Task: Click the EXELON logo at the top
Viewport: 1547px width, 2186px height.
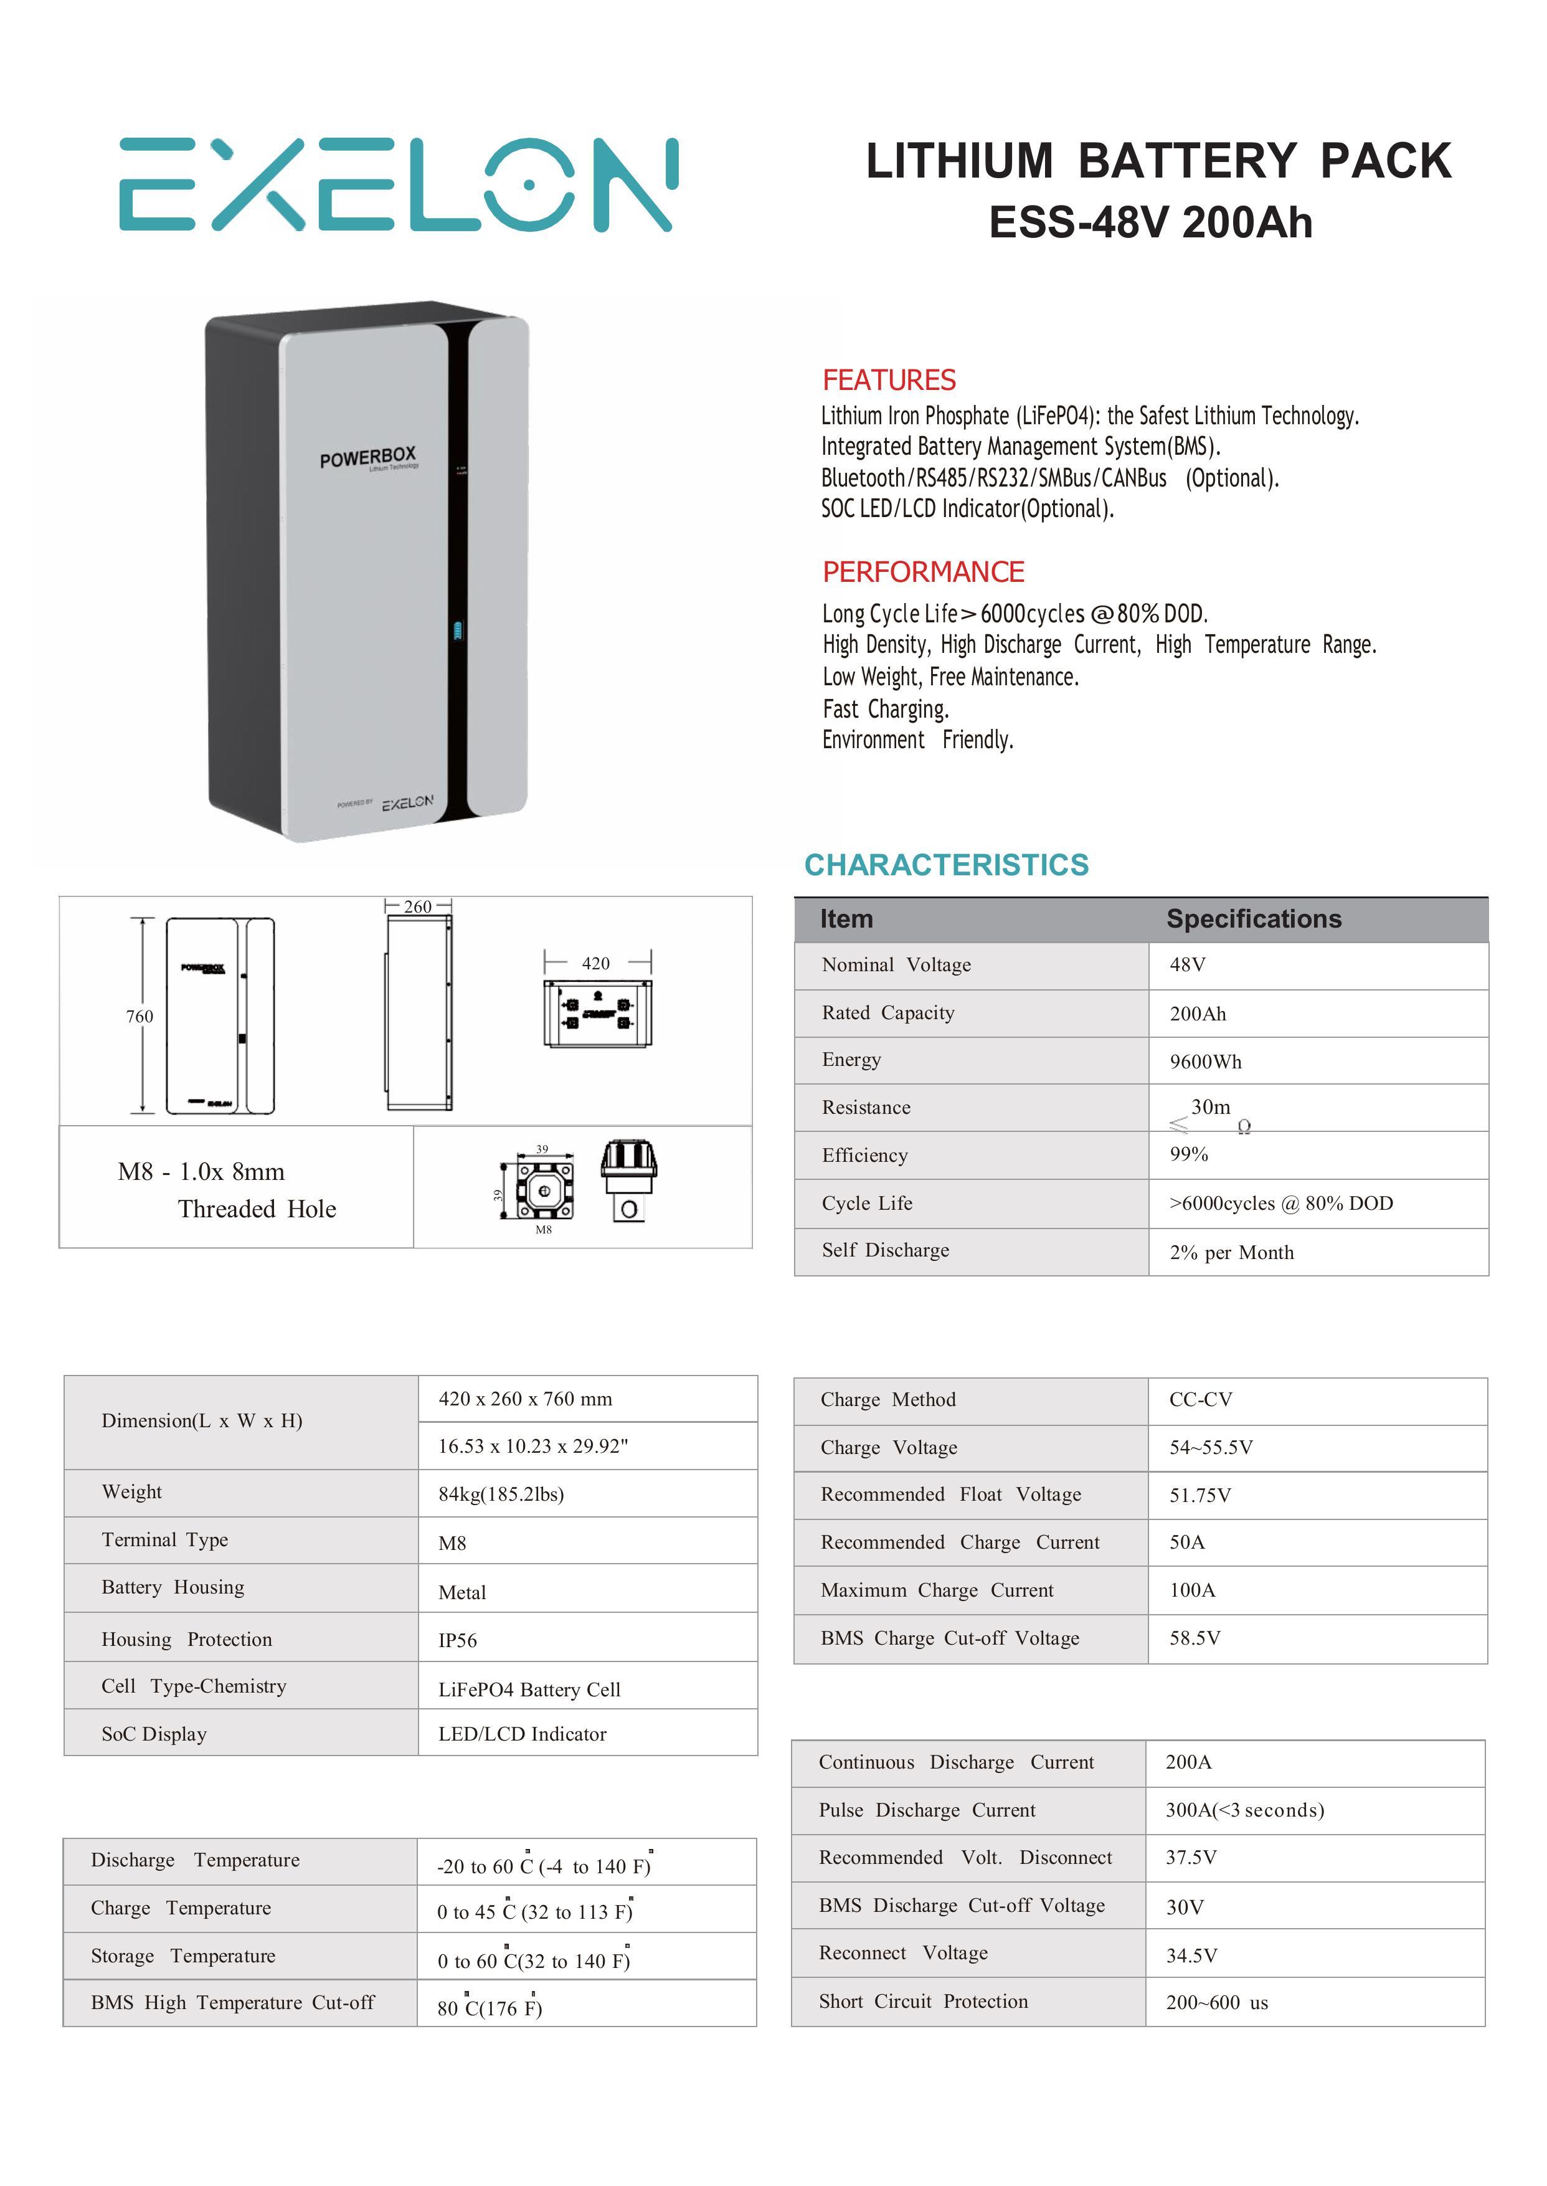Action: (397, 185)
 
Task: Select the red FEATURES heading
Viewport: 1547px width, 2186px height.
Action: (889, 380)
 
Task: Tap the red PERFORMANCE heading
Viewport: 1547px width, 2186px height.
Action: (923, 572)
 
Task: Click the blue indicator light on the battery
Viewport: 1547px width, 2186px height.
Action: (458, 631)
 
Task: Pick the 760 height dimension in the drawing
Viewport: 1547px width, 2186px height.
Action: (139, 1017)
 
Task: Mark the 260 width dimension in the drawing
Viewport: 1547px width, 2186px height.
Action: (417, 906)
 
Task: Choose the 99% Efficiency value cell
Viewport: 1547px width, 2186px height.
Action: (1189, 1155)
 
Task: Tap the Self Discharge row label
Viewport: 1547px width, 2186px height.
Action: (885, 1250)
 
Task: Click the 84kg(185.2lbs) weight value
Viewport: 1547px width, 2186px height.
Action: (501, 1494)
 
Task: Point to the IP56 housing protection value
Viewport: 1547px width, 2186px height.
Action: (457, 1640)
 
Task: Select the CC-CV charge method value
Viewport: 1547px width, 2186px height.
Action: (1200, 1400)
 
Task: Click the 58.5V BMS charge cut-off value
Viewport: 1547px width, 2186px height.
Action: (1195, 1638)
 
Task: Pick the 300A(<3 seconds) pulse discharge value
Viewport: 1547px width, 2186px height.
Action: (1244, 1810)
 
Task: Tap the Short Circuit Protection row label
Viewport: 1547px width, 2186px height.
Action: (923, 2001)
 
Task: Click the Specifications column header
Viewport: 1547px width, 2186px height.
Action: (1254, 919)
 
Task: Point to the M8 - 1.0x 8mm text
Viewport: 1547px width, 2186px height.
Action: (201, 1172)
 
